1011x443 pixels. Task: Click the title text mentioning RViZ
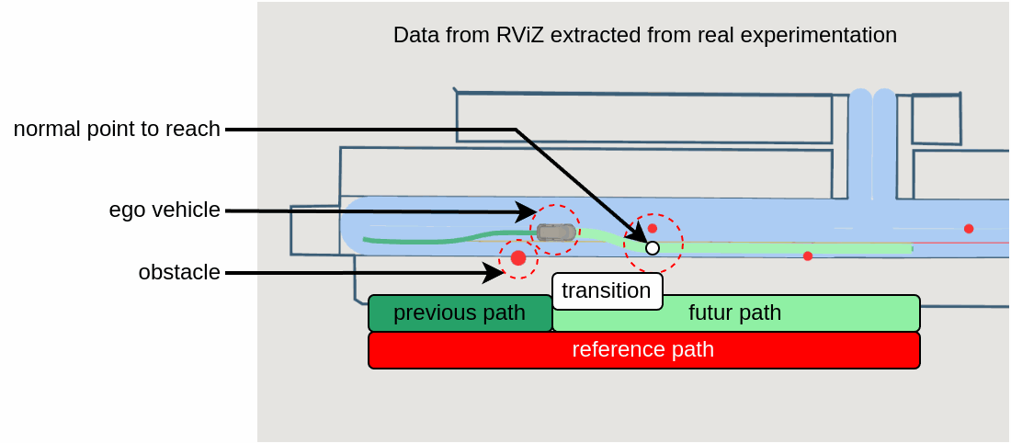(x=644, y=36)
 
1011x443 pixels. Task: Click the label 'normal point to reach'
(x=117, y=130)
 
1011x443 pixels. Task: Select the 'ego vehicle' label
(x=165, y=210)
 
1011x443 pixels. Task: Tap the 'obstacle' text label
(x=179, y=273)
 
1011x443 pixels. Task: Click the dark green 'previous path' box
(x=460, y=313)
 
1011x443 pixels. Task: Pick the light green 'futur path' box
(x=735, y=313)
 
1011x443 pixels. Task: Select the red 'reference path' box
(x=643, y=350)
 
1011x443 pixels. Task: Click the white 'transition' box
(x=607, y=291)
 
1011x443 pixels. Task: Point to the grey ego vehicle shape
(x=556, y=233)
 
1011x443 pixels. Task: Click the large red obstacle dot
(x=518, y=258)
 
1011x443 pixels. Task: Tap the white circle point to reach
(x=653, y=247)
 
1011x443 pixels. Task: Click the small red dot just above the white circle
(x=653, y=228)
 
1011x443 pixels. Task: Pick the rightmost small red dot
(x=969, y=229)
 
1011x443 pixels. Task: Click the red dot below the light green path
(x=808, y=256)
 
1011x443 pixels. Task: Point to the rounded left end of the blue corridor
(x=354, y=225)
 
